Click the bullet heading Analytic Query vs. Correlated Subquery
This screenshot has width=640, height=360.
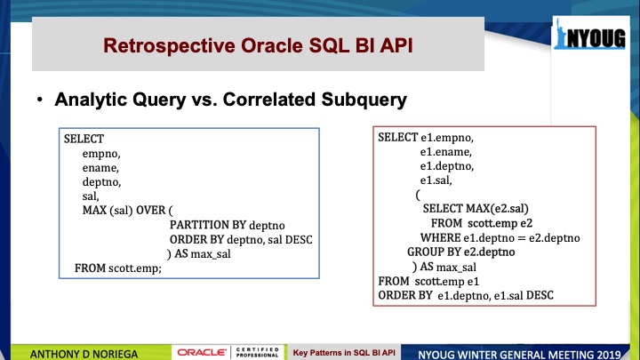coord(230,100)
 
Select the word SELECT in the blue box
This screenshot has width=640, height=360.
coord(84,140)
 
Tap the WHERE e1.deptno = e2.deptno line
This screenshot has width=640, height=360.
coord(500,238)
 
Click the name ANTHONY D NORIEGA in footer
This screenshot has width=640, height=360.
coord(84,352)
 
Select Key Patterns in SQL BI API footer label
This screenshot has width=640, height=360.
coord(348,352)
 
